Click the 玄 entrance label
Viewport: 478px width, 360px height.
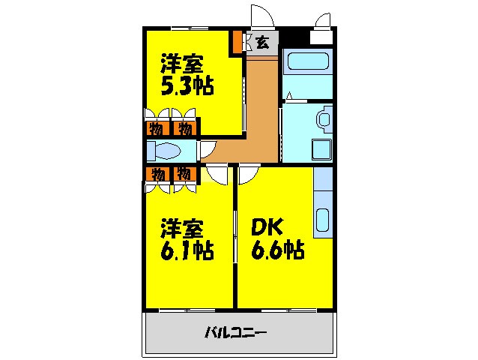tap(263, 42)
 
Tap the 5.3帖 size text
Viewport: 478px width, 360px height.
tap(187, 85)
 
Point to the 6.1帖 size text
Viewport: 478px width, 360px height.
tap(187, 249)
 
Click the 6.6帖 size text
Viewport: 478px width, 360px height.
tap(277, 249)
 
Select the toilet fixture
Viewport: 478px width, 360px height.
tap(164, 152)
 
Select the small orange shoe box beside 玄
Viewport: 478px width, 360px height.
tap(237, 43)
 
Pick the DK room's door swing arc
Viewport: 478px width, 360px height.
tap(248, 174)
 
